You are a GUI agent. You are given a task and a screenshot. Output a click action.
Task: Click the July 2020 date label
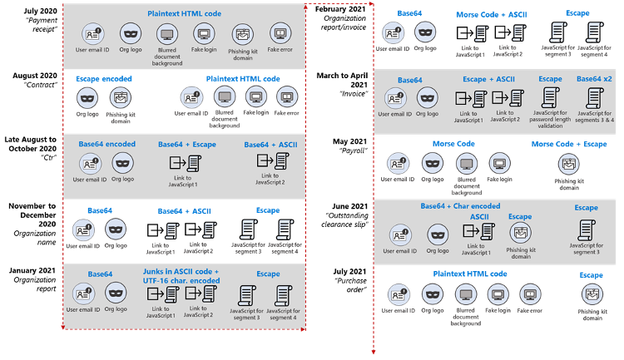(40, 11)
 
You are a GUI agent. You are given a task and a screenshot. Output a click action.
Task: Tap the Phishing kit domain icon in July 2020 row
(242, 35)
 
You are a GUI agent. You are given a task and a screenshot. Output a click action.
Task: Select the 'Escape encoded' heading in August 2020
(104, 79)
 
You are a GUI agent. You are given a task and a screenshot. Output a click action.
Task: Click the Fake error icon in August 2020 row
(287, 96)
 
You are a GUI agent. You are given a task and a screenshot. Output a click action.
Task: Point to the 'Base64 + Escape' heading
(187, 145)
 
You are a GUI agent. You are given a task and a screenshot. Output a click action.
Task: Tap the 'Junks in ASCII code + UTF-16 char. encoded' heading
(181, 276)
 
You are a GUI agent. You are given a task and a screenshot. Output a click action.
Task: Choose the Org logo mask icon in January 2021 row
(116, 293)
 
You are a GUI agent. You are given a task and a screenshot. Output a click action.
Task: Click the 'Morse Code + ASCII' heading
(492, 15)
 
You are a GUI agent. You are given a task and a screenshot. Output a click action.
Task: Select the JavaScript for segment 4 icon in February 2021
(595, 32)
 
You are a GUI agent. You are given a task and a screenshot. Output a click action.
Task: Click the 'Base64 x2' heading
(594, 79)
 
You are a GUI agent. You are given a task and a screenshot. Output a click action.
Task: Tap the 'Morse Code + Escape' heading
(569, 144)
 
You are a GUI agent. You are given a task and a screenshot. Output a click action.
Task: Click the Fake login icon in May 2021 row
(499, 164)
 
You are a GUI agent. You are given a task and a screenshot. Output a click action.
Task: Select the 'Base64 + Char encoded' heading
(460, 206)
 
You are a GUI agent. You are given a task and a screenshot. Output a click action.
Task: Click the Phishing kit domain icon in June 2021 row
(521, 234)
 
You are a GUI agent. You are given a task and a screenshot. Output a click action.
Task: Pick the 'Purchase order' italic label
(350, 285)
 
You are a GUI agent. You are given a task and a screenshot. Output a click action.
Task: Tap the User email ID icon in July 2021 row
(399, 295)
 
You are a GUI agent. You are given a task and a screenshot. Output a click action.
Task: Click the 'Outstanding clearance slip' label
(345, 220)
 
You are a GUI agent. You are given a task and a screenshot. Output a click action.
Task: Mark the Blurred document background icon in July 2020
(167, 35)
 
